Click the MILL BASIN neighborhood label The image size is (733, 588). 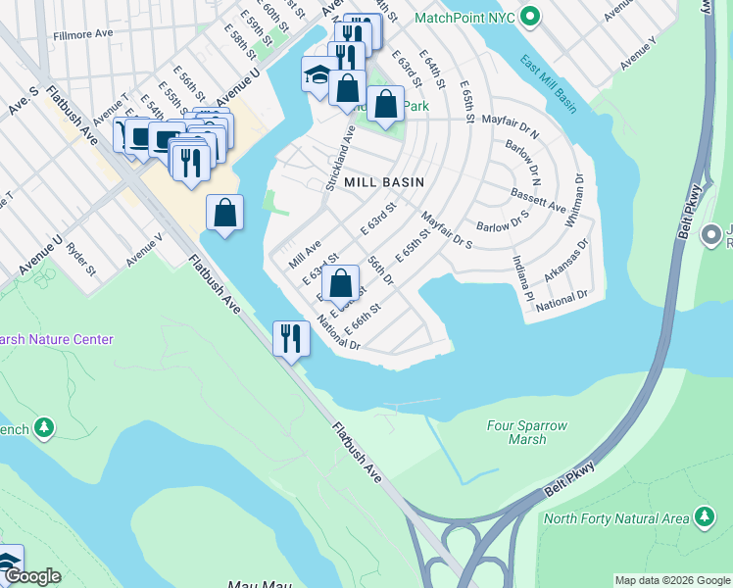point(383,182)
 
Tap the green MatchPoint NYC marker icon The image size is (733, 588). point(530,18)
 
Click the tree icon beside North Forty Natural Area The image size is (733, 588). point(704,515)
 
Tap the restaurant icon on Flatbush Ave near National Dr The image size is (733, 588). point(290,338)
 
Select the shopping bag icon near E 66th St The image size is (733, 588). point(340,283)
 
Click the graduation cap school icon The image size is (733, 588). point(317,75)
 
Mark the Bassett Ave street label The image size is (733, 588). point(538,201)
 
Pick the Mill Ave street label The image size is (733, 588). point(305,257)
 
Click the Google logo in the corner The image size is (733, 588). point(31,576)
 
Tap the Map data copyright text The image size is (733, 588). point(671,580)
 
